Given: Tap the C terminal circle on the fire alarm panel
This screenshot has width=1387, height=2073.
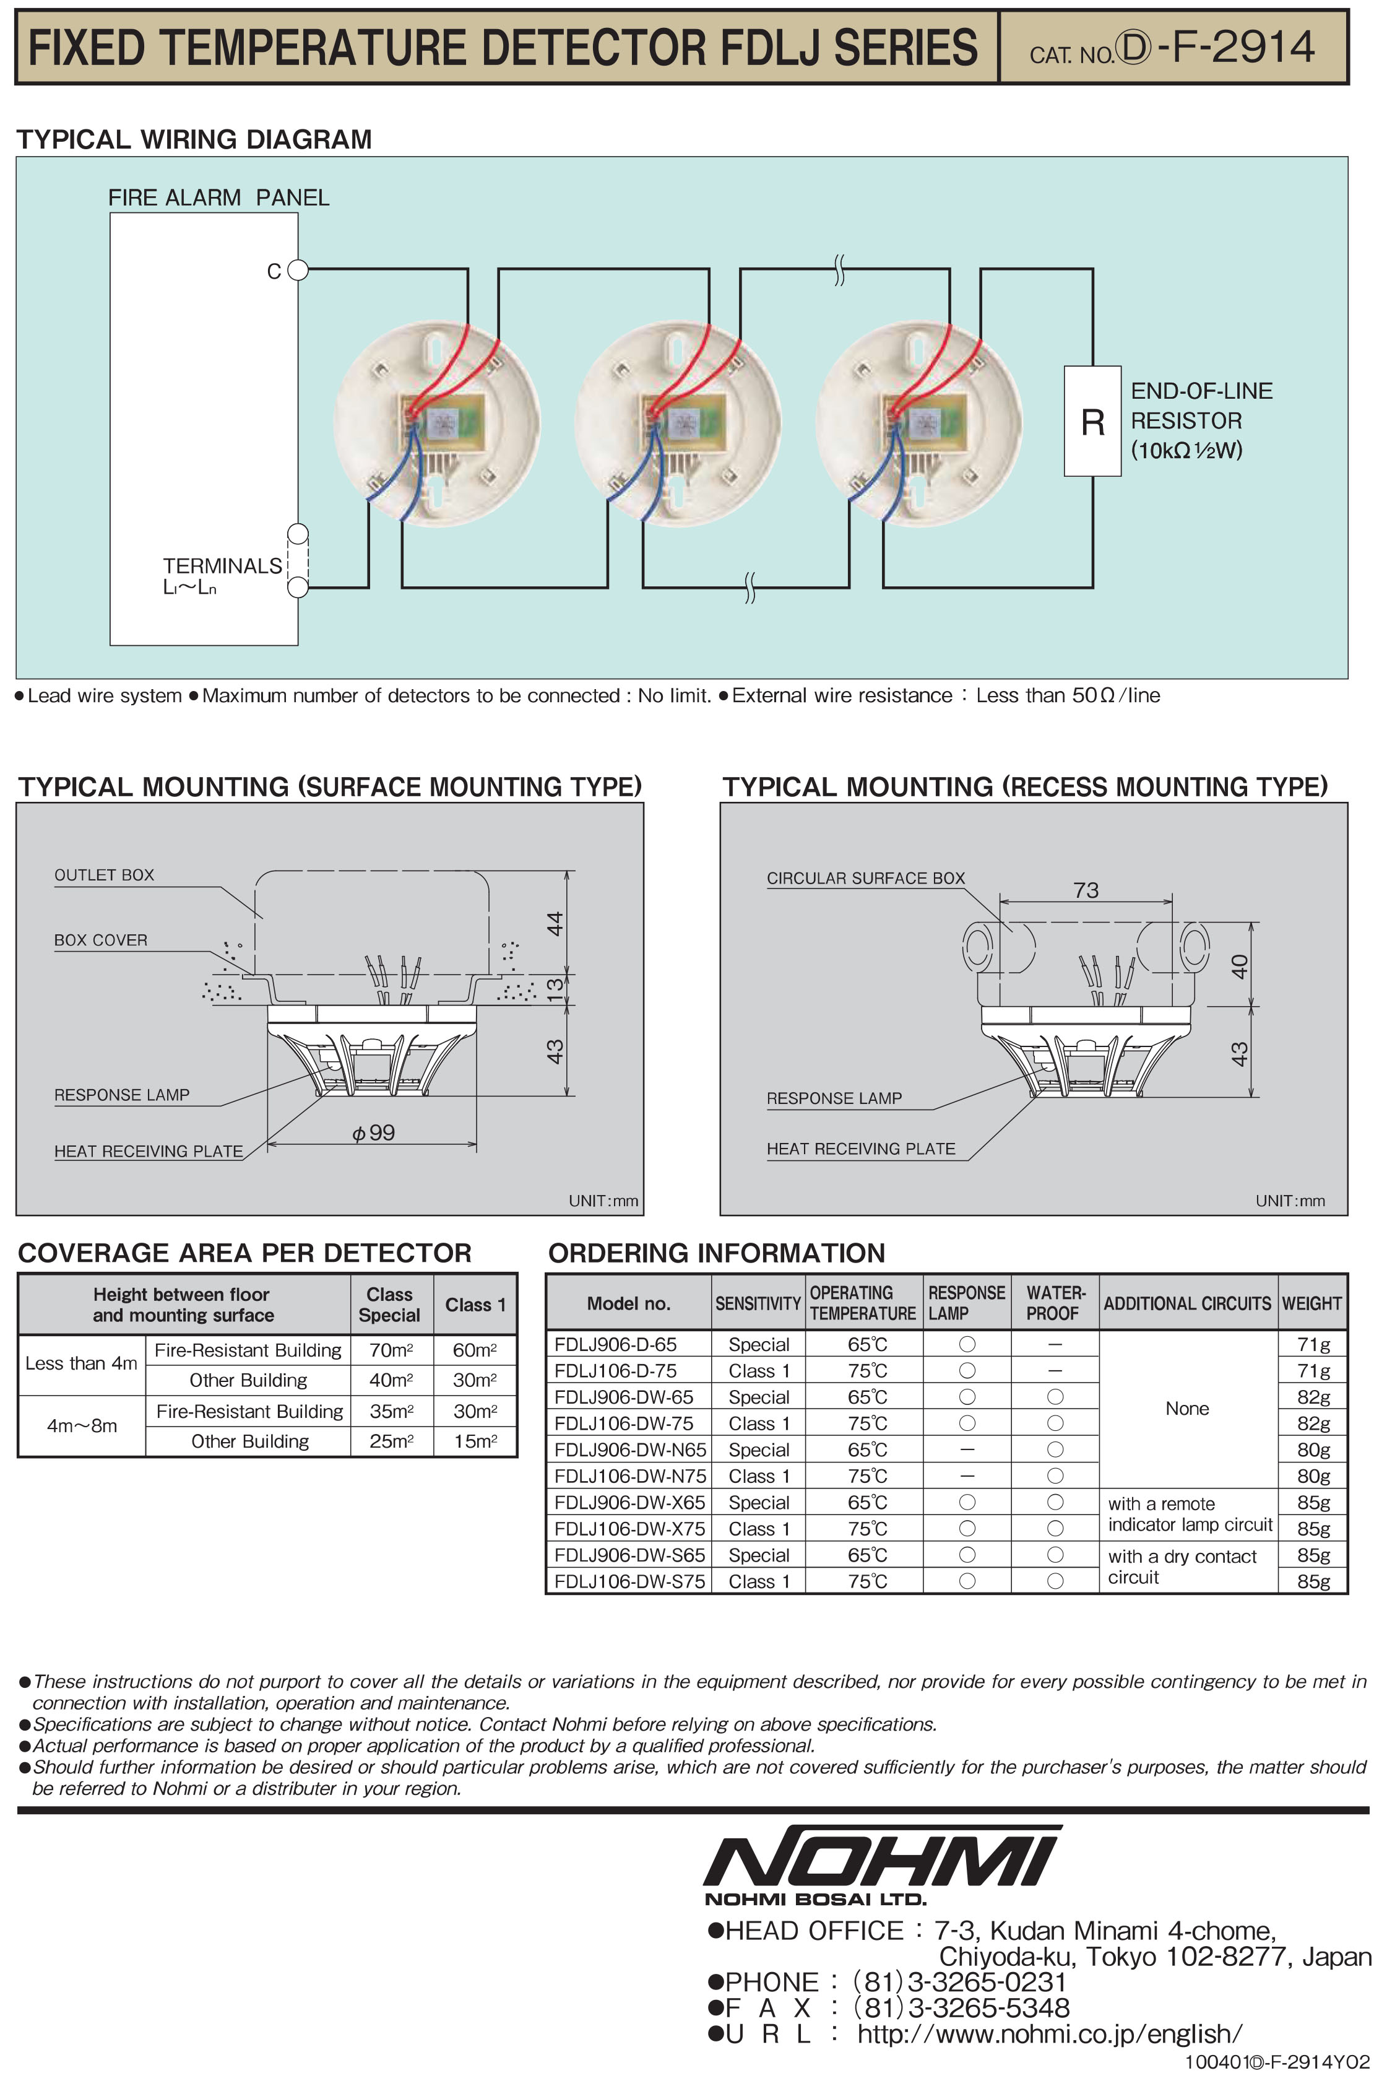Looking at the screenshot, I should pyautogui.click(x=298, y=270).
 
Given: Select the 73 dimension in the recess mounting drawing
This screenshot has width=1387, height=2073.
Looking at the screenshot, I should pyautogui.click(x=1086, y=890).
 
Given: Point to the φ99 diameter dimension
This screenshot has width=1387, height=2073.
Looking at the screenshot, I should pyautogui.click(x=373, y=1132).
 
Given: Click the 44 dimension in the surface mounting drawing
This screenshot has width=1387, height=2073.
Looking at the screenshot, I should pyautogui.click(x=555, y=923).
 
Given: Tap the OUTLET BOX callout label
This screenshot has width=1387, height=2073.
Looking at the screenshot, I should pyautogui.click(x=105, y=875).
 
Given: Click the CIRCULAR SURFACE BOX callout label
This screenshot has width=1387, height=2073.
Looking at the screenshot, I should pyautogui.click(x=865, y=878).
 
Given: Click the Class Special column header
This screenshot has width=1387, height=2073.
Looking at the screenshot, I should pyautogui.click(x=389, y=1304).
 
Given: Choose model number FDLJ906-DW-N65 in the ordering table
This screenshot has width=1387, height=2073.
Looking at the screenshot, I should pyautogui.click(x=630, y=1449).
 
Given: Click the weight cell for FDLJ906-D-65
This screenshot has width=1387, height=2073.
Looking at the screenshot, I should pyautogui.click(x=1313, y=1344).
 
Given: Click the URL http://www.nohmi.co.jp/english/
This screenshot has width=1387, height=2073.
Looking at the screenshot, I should pyautogui.click(x=1049, y=2033).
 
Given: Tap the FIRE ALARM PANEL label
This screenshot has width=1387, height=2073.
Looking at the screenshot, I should pyautogui.click(x=218, y=198).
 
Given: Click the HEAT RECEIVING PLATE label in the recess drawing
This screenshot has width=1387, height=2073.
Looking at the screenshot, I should pyautogui.click(x=861, y=1149).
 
